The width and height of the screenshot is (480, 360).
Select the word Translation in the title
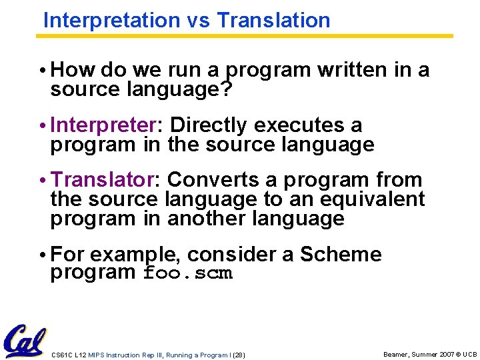point(273,20)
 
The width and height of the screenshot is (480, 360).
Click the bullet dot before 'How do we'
point(43,71)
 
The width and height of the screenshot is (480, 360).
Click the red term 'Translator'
point(102,180)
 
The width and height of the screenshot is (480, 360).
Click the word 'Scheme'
point(341,254)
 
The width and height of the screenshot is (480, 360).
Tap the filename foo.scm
point(188,273)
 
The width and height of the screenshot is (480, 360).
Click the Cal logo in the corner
point(24,342)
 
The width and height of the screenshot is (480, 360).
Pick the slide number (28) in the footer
point(239,355)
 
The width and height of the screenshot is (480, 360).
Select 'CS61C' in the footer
point(62,355)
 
